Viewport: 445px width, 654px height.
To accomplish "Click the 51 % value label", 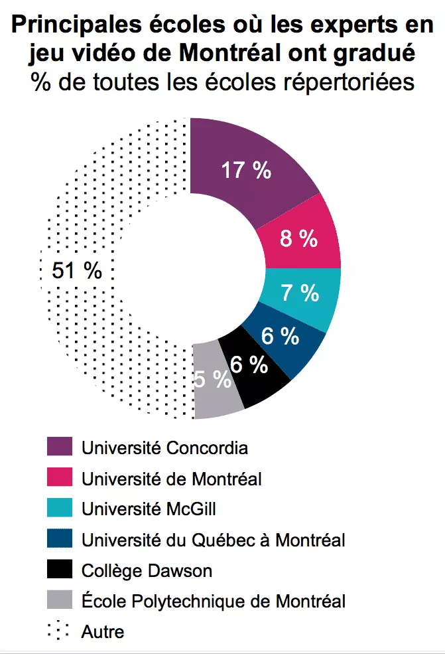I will pos(77,270).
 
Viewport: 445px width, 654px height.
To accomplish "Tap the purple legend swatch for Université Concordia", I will pos(58,448).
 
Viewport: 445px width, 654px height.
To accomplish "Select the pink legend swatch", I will pos(58,478).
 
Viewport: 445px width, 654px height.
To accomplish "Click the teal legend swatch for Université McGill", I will pos(58,509).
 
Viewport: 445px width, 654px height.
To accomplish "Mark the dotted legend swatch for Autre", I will pos(58,631).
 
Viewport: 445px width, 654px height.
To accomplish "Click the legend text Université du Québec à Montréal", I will pos(213,540).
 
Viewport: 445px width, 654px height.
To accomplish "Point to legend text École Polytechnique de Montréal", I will pos(213,602).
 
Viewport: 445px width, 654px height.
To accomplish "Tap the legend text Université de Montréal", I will pos(171,478).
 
